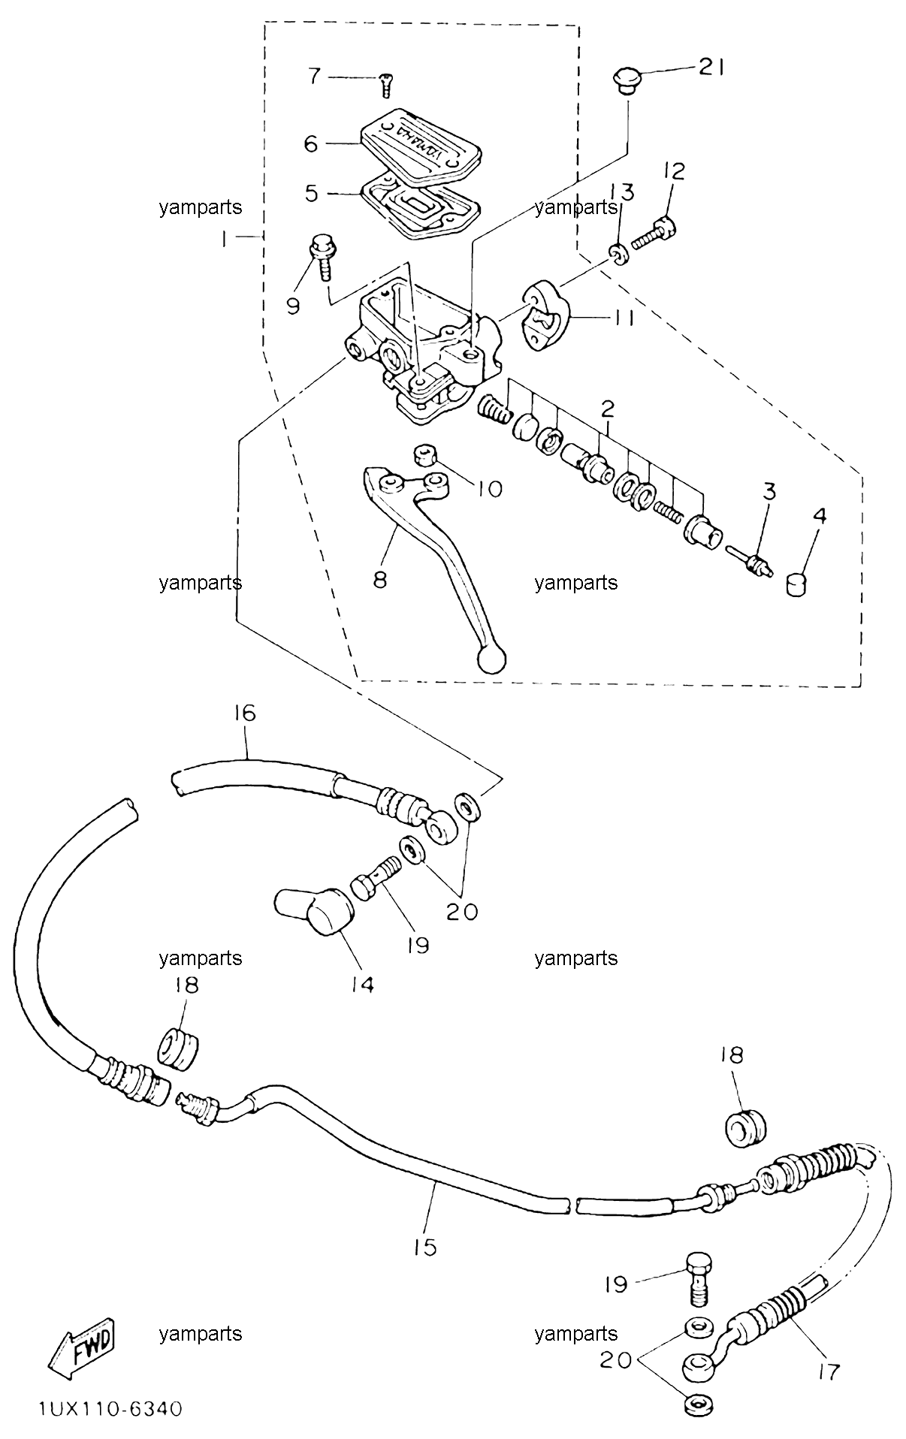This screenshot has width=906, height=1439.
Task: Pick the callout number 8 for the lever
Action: click(380, 580)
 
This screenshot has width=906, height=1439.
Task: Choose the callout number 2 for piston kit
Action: click(607, 409)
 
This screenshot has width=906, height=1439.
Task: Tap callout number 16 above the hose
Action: click(245, 713)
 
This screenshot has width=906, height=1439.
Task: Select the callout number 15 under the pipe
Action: click(424, 1247)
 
